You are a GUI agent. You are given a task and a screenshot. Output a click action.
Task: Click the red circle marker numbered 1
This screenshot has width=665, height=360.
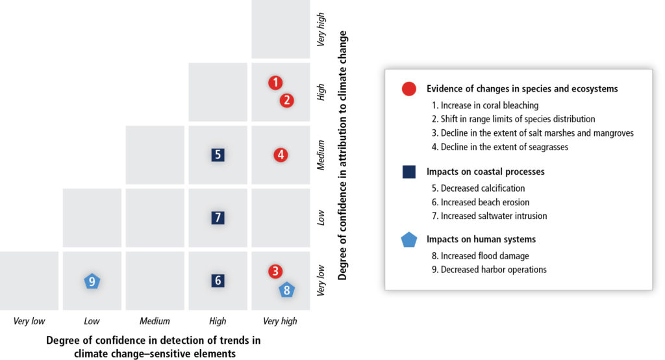point(275,83)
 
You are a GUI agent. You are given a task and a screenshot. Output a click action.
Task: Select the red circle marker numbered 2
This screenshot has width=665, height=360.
point(286,100)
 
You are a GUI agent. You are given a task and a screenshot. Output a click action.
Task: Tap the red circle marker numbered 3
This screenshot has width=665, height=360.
point(275,271)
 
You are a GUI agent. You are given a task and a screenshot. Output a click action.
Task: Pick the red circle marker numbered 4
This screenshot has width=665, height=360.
point(281,155)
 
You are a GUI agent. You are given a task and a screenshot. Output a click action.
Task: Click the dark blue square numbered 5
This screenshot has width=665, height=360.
point(218,155)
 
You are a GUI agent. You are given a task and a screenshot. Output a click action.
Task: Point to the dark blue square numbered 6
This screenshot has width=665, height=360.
point(218,281)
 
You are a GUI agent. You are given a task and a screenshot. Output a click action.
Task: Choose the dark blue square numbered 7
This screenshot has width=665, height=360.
point(218,218)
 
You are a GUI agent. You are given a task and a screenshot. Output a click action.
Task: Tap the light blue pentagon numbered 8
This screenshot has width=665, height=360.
point(286,290)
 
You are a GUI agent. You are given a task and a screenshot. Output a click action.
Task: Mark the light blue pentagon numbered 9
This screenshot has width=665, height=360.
point(92,281)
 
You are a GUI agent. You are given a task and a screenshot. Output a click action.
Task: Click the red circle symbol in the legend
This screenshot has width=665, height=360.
point(409,89)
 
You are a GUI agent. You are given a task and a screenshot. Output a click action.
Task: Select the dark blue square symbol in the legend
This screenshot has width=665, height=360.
point(409,172)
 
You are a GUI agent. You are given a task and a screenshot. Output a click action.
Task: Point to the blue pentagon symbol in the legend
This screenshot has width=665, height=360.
point(409,240)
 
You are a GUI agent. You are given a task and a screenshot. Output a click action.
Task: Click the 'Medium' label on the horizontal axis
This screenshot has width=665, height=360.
point(155,322)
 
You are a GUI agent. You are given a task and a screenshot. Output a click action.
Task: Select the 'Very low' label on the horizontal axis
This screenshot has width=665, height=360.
point(29,322)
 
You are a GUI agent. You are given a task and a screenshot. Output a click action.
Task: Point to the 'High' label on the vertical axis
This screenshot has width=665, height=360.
point(321,92)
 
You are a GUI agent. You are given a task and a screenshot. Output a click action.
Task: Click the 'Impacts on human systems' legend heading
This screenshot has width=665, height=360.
point(481,239)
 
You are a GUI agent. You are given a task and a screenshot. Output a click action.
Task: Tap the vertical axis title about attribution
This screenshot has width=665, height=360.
point(342,155)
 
